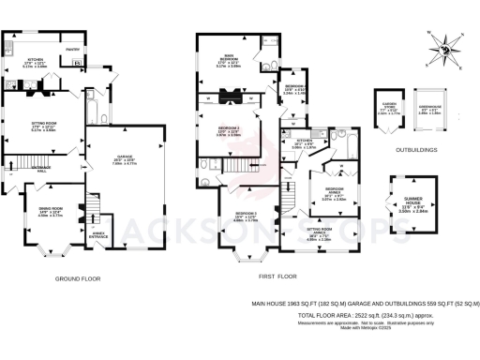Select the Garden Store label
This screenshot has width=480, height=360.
pos(388,109)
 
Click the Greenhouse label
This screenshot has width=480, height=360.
pos(429,109)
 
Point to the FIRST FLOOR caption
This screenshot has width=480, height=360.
pos(277,277)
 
